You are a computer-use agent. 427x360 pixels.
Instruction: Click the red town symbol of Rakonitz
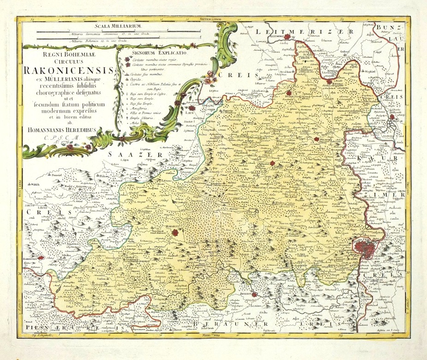tap(175, 234)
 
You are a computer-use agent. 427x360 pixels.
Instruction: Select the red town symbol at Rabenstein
tap(41, 259)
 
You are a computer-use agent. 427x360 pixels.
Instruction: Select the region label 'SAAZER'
tap(135, 156)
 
